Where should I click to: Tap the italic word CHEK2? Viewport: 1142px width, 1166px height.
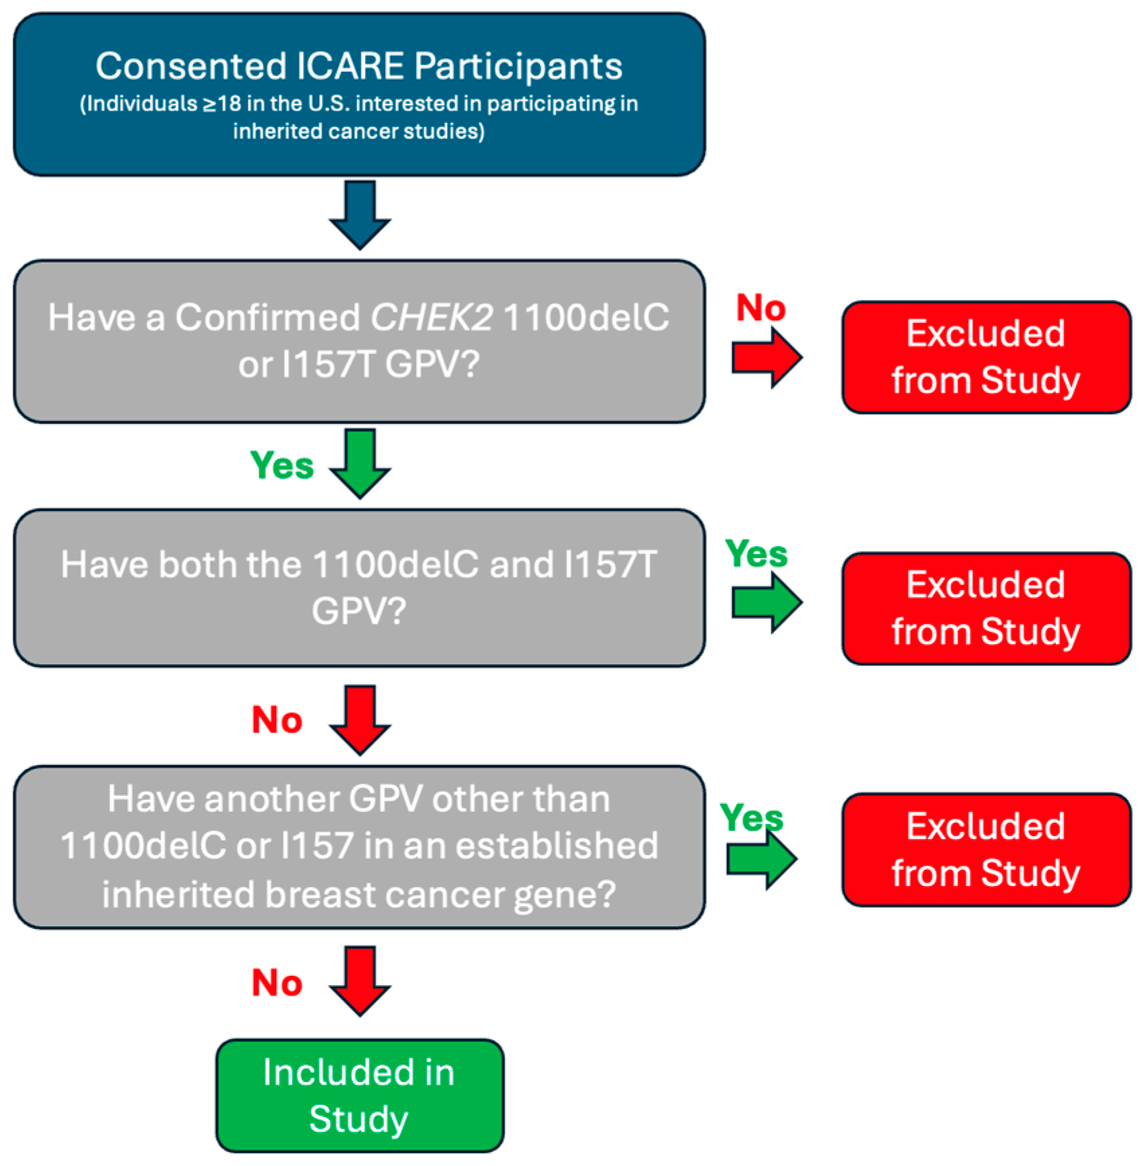pos(431,318)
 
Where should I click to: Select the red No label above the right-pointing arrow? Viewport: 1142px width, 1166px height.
pos(760,308)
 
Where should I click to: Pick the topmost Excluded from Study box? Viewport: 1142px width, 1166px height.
pos(985,357)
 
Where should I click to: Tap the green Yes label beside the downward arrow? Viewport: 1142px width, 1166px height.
pos(282,465)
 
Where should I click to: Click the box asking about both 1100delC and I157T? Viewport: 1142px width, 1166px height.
pos(359,588)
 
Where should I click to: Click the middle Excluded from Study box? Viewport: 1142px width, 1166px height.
pos(985,609)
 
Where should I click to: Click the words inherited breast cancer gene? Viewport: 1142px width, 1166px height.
pos(359,895)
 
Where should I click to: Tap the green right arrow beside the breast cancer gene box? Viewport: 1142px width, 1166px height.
pos(762,859)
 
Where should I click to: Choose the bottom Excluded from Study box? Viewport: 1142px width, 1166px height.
pos(985,850)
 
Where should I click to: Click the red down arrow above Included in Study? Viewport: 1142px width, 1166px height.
pos(360,981)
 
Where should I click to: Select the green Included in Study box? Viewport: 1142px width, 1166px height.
pos(359,1095)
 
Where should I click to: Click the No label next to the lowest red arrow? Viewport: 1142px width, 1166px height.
pos(277,983)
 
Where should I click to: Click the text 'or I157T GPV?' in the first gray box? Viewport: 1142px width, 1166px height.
pos(359,365)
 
